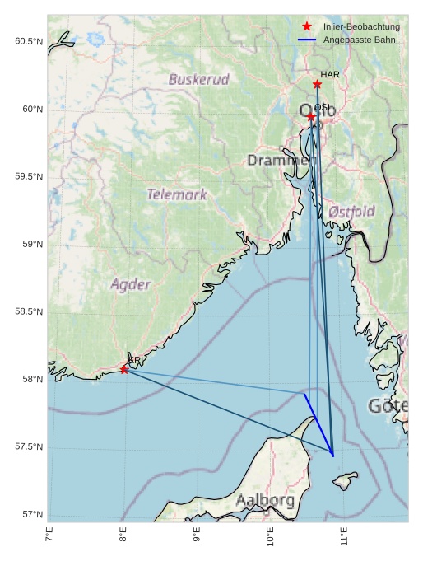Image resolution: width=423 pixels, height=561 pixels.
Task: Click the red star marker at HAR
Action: point(317,84)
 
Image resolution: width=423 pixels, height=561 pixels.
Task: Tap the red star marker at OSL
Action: point(311,117)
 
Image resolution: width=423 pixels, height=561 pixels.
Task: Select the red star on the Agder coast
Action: point(124,369)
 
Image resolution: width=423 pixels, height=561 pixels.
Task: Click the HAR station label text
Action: point(330,75)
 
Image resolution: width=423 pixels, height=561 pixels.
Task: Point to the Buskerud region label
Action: point(198,80)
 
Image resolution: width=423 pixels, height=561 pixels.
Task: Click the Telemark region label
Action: point(177,195)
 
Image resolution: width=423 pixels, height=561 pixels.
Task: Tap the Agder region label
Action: point(131,285)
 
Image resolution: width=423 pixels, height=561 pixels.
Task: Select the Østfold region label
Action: point(351,212)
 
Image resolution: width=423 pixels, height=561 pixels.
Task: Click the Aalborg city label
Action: point(265,500)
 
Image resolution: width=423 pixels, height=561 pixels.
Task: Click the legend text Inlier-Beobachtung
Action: point(361,27)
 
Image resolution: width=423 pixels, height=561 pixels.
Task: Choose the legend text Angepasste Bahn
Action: point(359,40)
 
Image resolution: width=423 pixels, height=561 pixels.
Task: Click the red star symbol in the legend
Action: point(307,27)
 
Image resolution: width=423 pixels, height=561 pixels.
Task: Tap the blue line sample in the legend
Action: point(307,40)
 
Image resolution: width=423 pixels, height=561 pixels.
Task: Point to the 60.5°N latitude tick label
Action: point(29,42)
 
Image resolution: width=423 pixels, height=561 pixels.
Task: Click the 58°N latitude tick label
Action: point(31,380)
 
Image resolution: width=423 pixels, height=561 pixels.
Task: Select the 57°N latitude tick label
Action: point(31,515)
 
